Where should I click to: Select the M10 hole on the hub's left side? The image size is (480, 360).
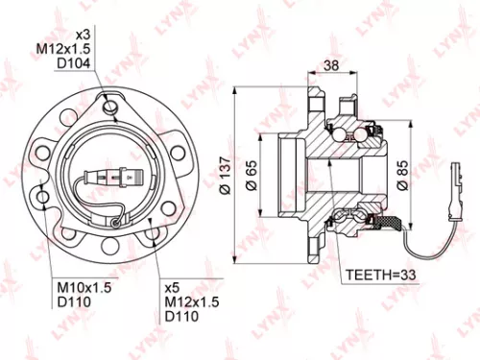coord(45,198)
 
